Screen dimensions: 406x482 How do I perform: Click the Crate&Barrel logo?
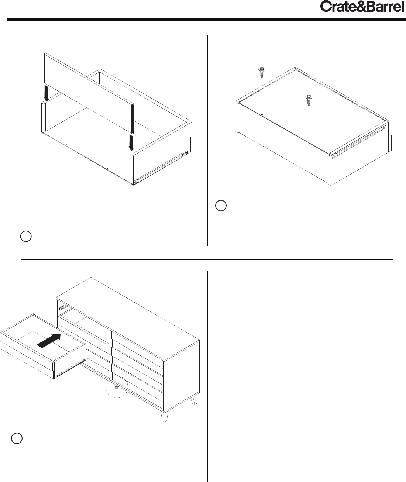[362, 7]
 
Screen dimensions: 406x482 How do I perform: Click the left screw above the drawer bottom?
[262, 72]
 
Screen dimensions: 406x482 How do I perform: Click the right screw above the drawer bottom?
[309, 100]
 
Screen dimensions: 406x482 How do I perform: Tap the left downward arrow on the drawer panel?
[47, 93]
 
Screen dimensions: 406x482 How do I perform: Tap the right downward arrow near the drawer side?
[131, 143]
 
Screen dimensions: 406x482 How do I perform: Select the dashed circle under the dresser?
[117, 387]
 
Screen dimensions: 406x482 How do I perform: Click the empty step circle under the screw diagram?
[221, 206]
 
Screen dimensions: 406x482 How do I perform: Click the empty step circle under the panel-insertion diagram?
[26, 236]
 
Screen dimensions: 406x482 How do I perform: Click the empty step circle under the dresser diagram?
[17, 438]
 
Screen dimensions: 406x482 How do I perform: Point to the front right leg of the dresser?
[164, 416]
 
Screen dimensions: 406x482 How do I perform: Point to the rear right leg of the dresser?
[194, 399]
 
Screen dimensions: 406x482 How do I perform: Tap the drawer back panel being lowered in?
[89, 93]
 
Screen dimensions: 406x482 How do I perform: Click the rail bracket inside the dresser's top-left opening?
[63, 307]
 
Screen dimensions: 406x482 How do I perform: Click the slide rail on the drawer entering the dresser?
[71, 367]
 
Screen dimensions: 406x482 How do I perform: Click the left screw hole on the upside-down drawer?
[262, 114]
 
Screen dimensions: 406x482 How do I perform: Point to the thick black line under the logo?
[207, 20]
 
